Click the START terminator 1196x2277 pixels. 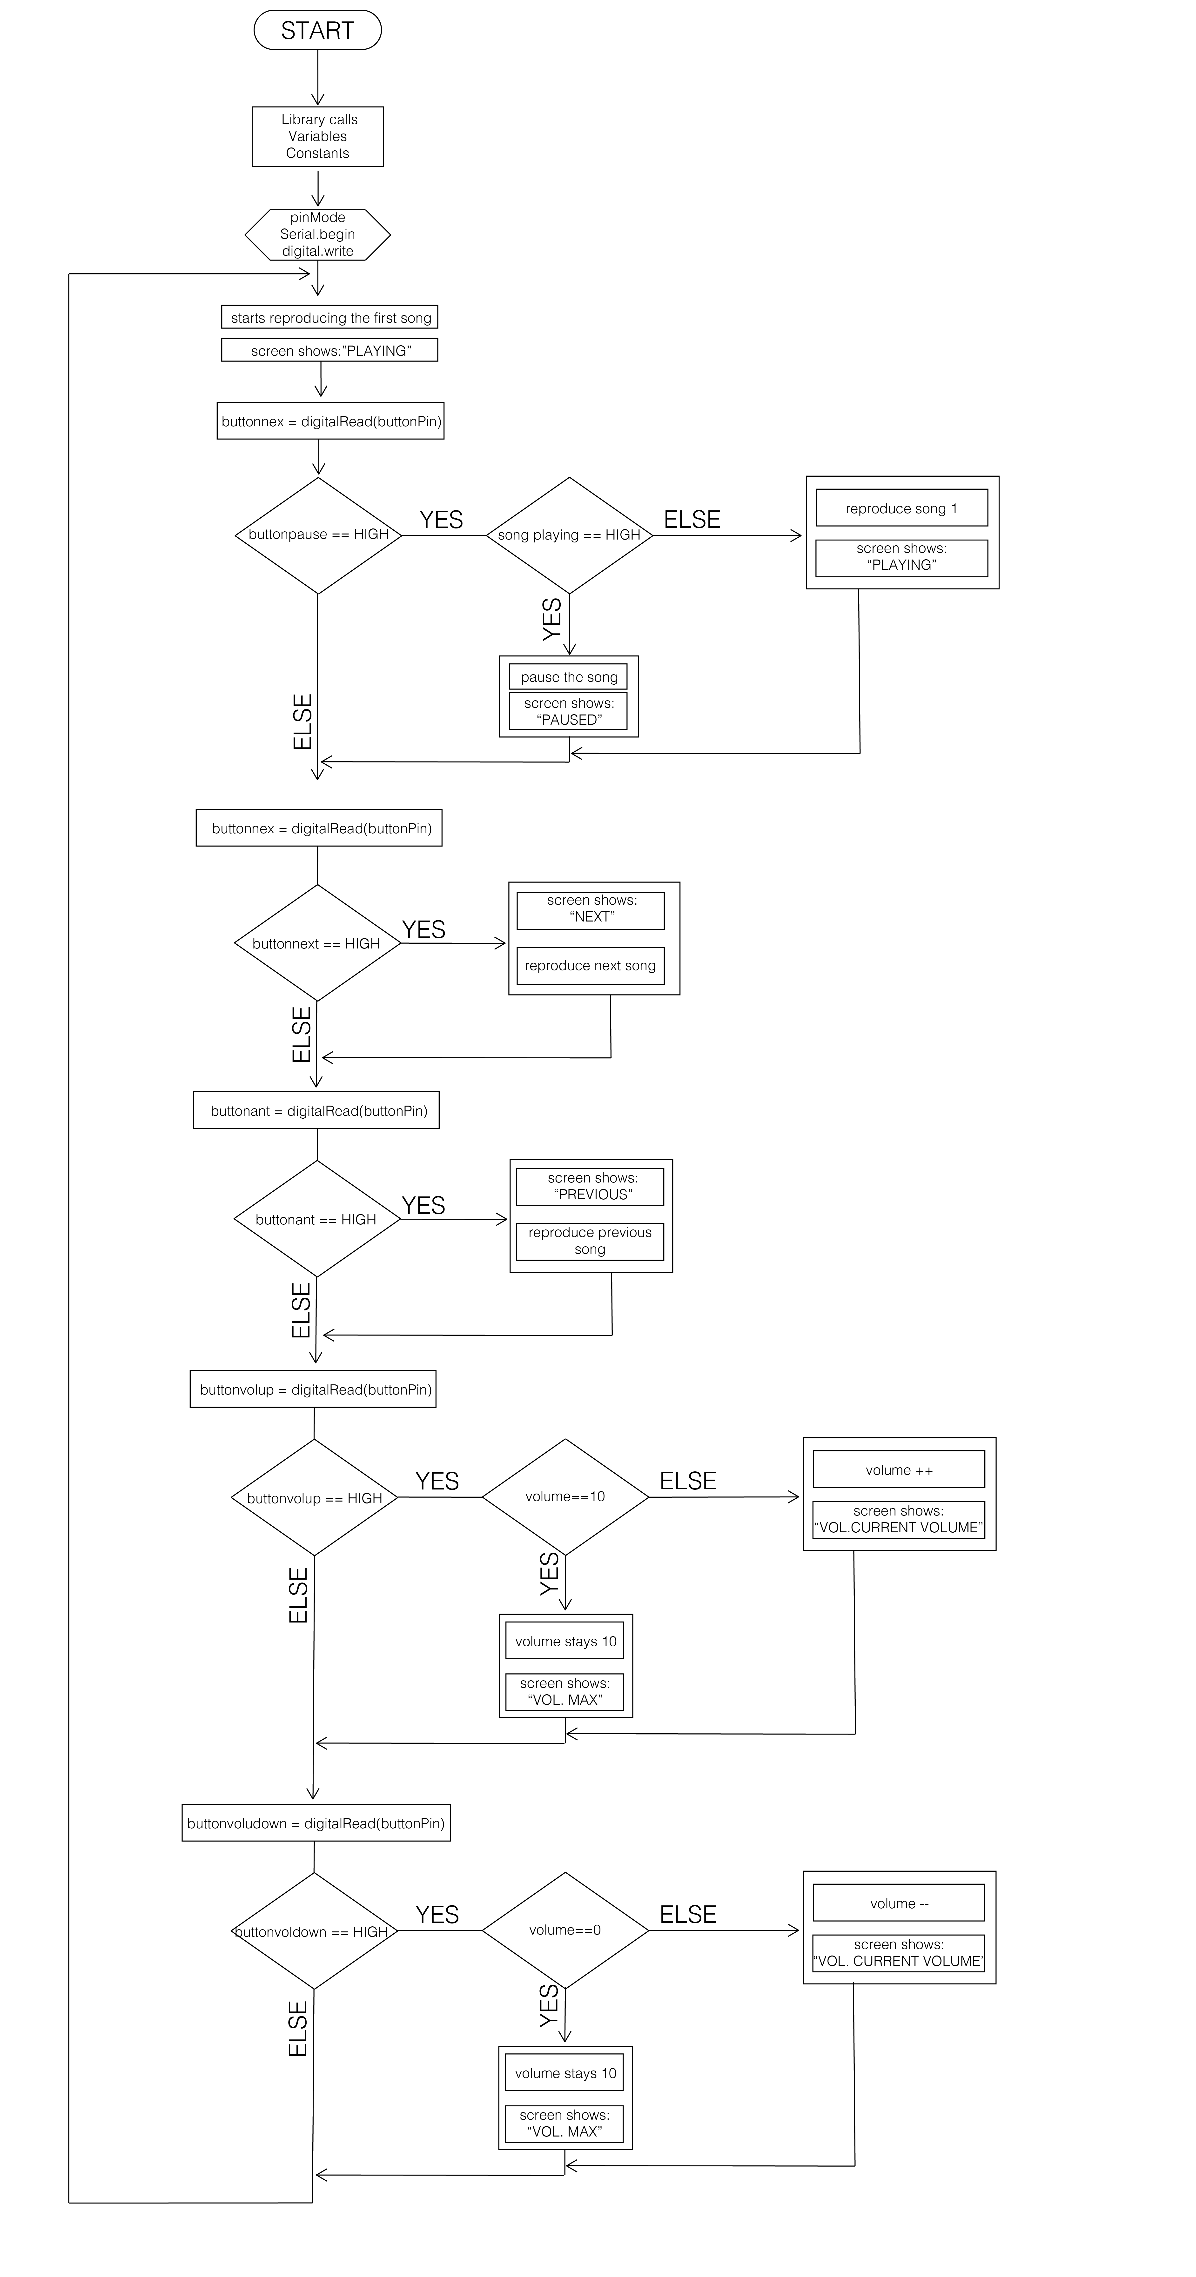pos(317,30)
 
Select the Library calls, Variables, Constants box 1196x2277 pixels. pos(317,136)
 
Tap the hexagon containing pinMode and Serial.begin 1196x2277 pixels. pos(317,234)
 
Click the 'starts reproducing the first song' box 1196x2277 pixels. pos(330,317)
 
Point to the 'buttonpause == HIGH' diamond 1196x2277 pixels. pos(318,535)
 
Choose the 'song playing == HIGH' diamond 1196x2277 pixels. pos(569,535)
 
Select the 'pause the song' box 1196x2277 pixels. pos(568,677)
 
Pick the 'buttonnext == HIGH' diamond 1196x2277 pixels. pos(316,943)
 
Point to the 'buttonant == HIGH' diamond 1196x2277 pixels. pos(316,1219)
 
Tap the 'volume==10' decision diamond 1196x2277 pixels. pos(565,1496)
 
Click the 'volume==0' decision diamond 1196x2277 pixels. pos(565,1930)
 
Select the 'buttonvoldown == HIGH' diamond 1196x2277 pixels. pos(314,1931)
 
